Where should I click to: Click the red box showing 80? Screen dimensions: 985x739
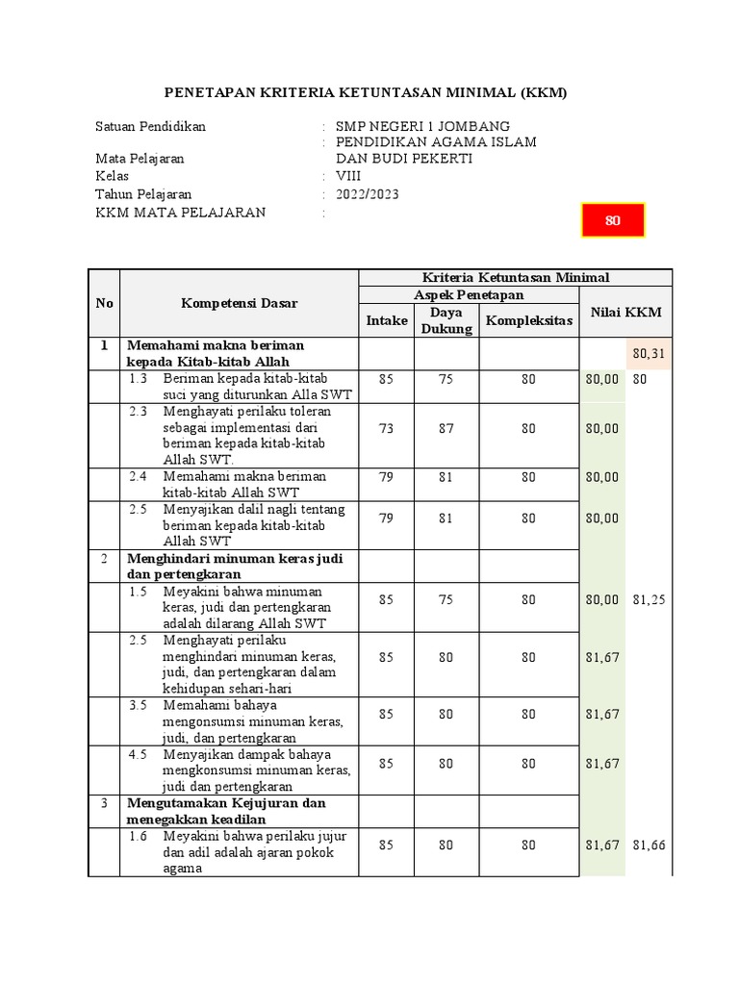click(612, 220)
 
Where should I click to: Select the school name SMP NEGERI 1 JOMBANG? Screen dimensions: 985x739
click(422, 126)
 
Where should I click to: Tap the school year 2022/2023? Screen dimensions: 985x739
click(367, 194)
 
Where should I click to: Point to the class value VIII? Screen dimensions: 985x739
click(348, 177)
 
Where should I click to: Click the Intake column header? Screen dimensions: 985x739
click(387, 320)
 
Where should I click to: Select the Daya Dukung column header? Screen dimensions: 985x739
click(446, 320)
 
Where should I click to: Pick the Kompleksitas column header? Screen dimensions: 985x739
click(529, 320)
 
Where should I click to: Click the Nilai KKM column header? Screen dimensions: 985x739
click(626, 313)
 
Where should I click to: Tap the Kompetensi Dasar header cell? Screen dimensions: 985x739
click(239, 303)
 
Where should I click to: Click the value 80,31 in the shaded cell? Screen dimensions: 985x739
click(650, 355)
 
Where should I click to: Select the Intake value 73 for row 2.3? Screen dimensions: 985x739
click(387, 429)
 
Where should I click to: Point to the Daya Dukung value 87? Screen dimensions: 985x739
click(446, 429)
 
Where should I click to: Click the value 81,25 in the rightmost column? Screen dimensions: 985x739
click(650, 599)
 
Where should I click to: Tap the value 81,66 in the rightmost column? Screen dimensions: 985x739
click(650, 845)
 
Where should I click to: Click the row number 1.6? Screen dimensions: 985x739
click(139, 837)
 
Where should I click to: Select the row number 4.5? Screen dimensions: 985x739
click(139, 755)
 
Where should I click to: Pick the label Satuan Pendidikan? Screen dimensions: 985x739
click(150, 126)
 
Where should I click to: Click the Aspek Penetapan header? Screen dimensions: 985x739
click(469, 294)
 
